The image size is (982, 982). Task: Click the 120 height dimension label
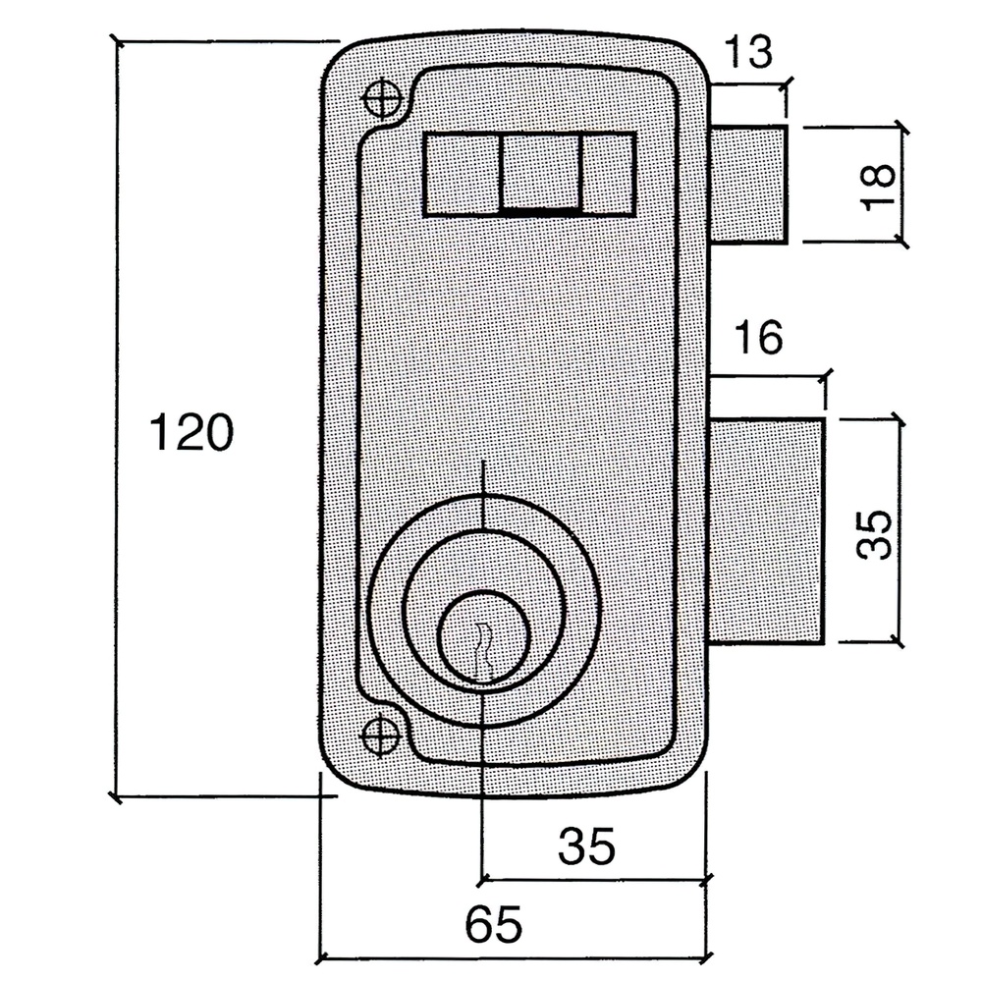(191, 433)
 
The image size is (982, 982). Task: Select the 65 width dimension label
(493, 925)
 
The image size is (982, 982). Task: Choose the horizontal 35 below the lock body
(586, 846)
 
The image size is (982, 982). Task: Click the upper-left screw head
(381, 97)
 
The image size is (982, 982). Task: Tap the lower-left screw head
(380, 735)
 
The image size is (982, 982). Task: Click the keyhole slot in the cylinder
(481, 648)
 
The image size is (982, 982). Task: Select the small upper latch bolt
(748, 184)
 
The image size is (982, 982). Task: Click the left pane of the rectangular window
(462, 174)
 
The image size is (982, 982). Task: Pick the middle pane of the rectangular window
(541, 171)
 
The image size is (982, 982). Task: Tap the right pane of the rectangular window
(609, 174)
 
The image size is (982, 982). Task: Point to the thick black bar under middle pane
(541, 210)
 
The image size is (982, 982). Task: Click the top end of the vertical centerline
(483, 462)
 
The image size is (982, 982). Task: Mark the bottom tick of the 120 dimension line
(117, 797)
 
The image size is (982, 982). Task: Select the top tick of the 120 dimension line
(117, 41)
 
